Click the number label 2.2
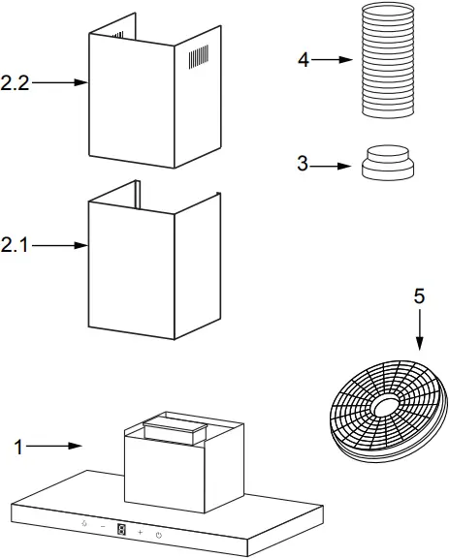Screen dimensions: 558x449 16,83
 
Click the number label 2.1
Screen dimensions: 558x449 16,246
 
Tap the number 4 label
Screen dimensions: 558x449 304,60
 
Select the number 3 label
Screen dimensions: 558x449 304,166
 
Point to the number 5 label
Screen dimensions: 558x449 419,297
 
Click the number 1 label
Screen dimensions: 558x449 17,447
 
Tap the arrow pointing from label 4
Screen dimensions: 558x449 332,60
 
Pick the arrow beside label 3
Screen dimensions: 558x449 332,166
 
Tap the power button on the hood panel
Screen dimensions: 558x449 158,534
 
